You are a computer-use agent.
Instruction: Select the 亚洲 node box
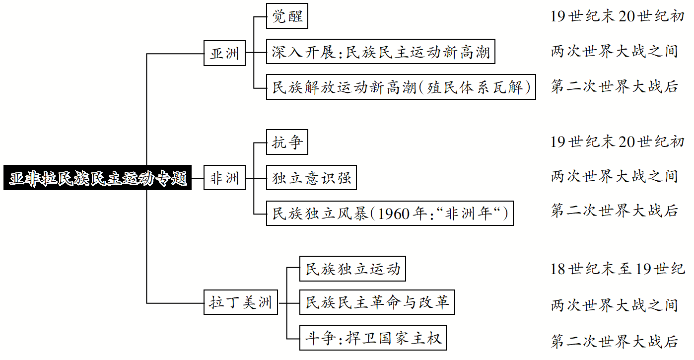pyautogui.click(x=225, y=53)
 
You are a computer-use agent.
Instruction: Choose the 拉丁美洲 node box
pyautogui.click(x=241, y=302)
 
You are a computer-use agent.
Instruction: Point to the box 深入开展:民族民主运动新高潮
pyautogui.click(x=381, y=52)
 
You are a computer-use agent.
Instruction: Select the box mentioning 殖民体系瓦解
pyautogui.click(x=401, y=87)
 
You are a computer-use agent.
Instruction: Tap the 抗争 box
pyautogui.click(x=287, y=143)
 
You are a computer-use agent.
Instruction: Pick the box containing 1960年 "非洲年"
pyautogui.click(x=390, y=214)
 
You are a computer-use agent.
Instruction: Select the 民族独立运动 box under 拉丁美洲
pyautogui.click(x=352, y=270)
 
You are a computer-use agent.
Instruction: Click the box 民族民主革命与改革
pyautogui.click(x=377, y=302)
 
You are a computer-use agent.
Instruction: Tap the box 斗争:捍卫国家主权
pyautogui.click(x=373, y=339)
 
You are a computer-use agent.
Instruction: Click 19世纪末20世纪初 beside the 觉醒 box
pyautogui.click(x=617, y=16)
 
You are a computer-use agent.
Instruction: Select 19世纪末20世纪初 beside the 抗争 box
pyautogui.click(x=617, y=142)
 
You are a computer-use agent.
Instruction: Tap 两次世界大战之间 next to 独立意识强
pyautogui.click(x=614, y=176)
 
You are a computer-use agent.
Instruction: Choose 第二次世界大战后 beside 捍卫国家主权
pyautogui.click(x=614, y=341)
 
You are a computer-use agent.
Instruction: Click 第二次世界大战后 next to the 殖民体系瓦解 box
pyautogui.click(x=614, y=87)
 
